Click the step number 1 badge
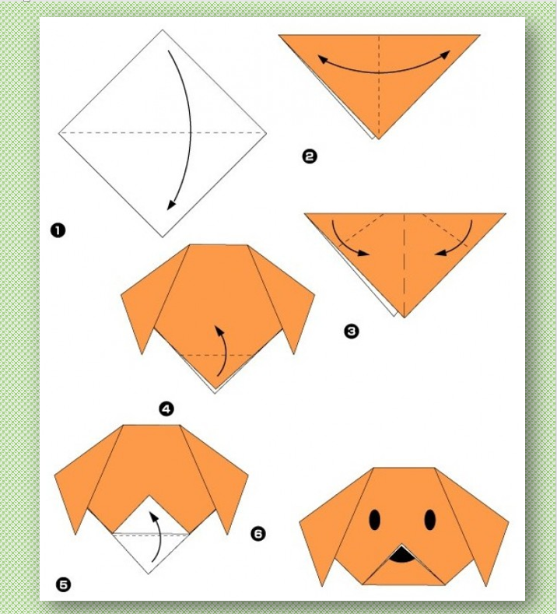58,230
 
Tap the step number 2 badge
310,156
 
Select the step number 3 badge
351,332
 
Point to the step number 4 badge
166,409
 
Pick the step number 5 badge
64,585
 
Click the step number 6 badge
258,534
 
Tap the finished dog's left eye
375,520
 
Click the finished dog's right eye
430,520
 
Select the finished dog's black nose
401,555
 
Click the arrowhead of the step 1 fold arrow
171,204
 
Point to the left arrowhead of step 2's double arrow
323,59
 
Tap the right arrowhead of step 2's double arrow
445,55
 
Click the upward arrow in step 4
225,349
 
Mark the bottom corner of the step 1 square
163,237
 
